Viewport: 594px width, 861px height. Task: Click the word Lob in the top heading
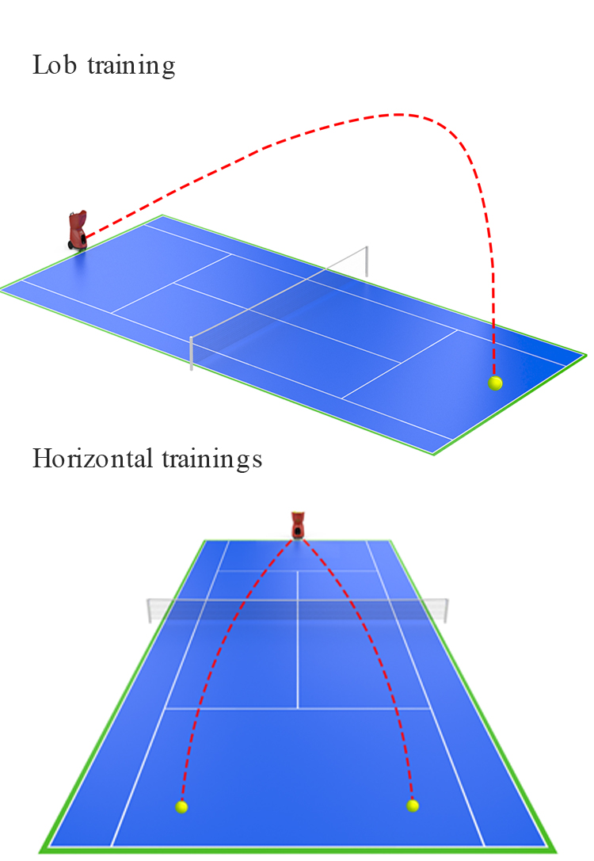(54, 64)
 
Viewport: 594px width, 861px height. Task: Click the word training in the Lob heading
(131, 66)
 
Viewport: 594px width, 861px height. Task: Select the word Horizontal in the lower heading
(92, 458)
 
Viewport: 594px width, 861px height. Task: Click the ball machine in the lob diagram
(78, 230)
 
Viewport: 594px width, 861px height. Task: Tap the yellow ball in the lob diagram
(495, 383)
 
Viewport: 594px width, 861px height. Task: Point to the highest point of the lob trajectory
(398, 114)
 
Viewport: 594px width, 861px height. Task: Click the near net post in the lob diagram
(191, 353)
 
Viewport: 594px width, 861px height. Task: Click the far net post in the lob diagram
(366, 261)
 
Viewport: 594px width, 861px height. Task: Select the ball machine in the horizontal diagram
(298, 525)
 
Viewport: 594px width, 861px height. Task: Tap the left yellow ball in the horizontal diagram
(181, 806)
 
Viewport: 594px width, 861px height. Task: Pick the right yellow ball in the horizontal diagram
(413, 806)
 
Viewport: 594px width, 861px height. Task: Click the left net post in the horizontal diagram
(150, 611)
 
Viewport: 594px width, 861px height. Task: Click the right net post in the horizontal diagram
(447, 611)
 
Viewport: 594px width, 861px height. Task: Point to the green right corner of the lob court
(585, 355)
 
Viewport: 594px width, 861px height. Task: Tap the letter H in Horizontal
(42, 458)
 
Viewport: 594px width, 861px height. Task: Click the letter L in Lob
(40, 64)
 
